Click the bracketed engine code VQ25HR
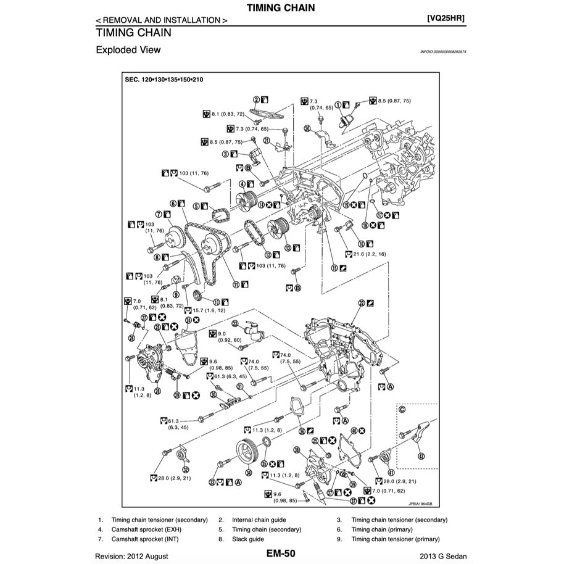446,19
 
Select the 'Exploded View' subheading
128,50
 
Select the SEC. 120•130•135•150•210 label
164,80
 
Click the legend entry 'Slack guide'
247,539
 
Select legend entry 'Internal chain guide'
259,520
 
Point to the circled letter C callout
402,408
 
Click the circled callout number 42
421,457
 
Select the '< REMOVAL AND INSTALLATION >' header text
161,20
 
